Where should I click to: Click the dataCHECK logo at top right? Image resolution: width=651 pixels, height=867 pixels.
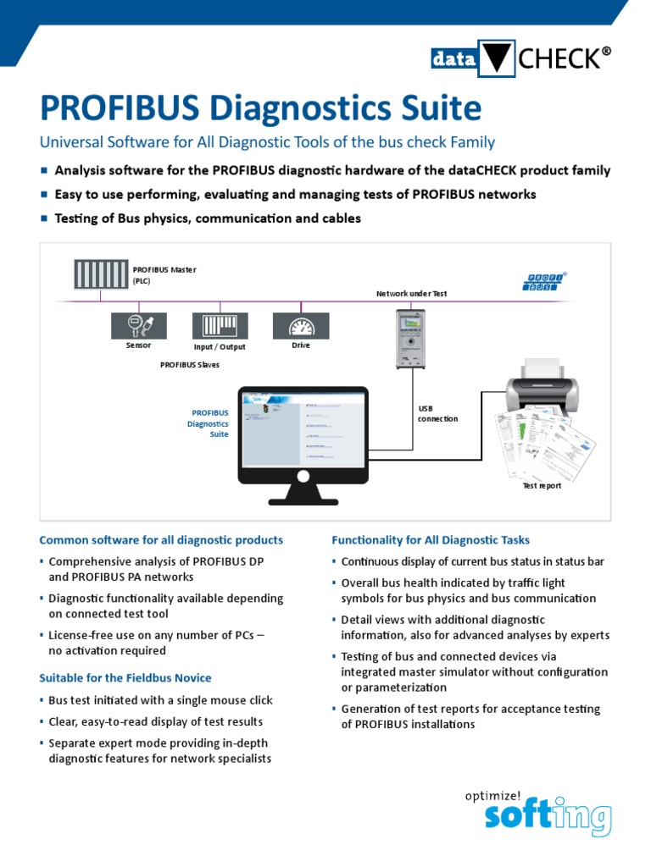click(x=520, y=58)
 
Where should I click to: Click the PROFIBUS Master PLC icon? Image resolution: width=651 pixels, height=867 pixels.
click(x=100, y=274)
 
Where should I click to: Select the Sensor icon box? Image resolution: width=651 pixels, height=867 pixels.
click(x=139, y=326)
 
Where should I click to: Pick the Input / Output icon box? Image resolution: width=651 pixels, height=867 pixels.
click(x=220, y=326)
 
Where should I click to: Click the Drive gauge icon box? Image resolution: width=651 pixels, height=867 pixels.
click(x=300, y=326)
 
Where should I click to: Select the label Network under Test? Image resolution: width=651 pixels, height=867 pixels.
click(x=411, y=294)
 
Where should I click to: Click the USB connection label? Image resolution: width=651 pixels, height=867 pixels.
click(x=437, y=413)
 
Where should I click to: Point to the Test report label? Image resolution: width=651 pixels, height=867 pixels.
click(x=541, y=486)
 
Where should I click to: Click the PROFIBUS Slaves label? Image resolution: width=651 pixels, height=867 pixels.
click(x=190, y=365)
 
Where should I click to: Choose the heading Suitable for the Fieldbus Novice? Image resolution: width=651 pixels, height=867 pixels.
click(x=125, y=678)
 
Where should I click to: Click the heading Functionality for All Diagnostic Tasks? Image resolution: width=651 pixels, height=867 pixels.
click(x=431, y=540)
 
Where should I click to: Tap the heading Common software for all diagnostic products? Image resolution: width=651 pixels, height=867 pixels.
click(x=161, y=540)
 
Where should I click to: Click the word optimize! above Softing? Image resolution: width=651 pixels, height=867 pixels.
click(x=492, y=796)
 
